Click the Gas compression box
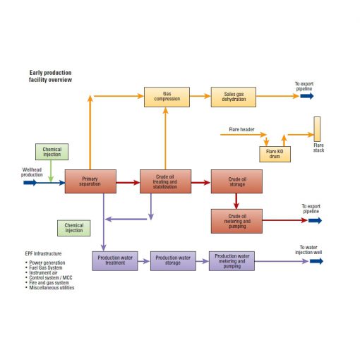167,97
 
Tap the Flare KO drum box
275,152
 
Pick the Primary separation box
90,181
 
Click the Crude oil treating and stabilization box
165,181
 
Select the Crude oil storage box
236,181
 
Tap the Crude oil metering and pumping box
236,220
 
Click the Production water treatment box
115,260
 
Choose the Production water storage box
173,260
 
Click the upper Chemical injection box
52,152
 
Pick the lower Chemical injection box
74,228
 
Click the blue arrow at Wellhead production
30,183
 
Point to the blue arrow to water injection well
316,261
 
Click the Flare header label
241,130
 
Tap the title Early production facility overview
50,76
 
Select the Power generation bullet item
47,263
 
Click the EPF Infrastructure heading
43,252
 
